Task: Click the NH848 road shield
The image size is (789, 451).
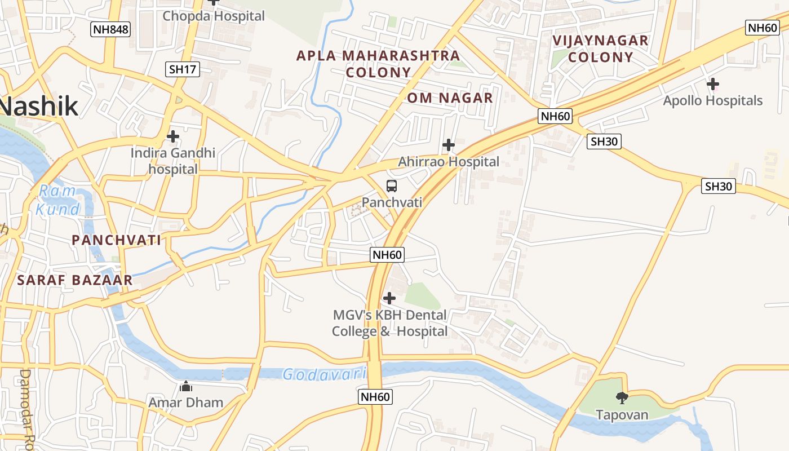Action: pos(110,29)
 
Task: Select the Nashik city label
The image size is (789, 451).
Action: pos(38,106)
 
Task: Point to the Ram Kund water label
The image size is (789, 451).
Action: pos(58,200)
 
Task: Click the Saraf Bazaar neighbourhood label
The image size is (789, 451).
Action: pos(75,280)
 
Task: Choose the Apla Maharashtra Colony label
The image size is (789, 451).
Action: pos(378,64)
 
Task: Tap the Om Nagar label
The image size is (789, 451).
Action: pos(450,98)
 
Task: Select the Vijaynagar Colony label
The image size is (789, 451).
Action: pos(600,48)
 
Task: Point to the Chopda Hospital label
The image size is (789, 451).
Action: pos(214,16)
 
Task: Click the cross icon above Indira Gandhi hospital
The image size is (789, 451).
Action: pos(173,136)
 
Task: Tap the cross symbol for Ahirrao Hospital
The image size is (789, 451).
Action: pos(449,145)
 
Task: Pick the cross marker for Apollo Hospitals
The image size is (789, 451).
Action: pos(713,85)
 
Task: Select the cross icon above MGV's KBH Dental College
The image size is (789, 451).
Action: pos(389,298)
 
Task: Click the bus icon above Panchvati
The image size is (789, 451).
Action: pos(392,185)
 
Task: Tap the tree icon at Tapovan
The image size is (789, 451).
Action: pos(622,398)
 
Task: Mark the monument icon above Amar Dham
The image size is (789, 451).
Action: pos(186,386)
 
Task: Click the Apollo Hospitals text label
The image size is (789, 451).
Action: pos(713,101)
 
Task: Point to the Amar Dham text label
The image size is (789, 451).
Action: pos(186,403)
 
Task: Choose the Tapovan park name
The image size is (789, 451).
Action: pos(622,415)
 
